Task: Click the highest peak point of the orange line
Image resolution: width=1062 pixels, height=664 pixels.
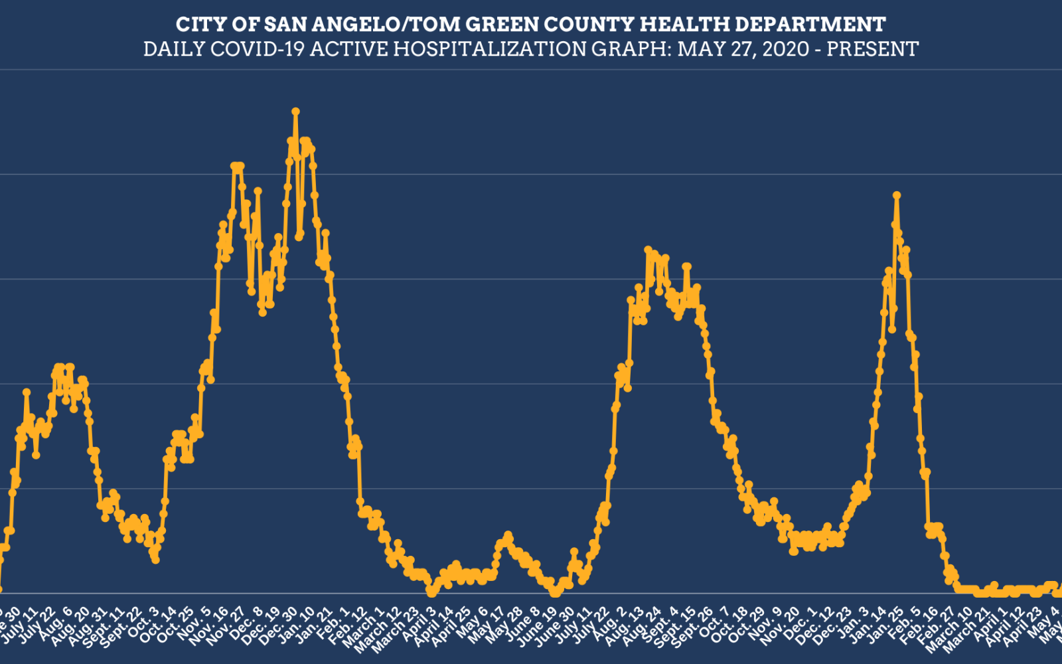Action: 295,112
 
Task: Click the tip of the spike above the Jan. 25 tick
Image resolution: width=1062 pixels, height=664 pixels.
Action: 897,195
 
